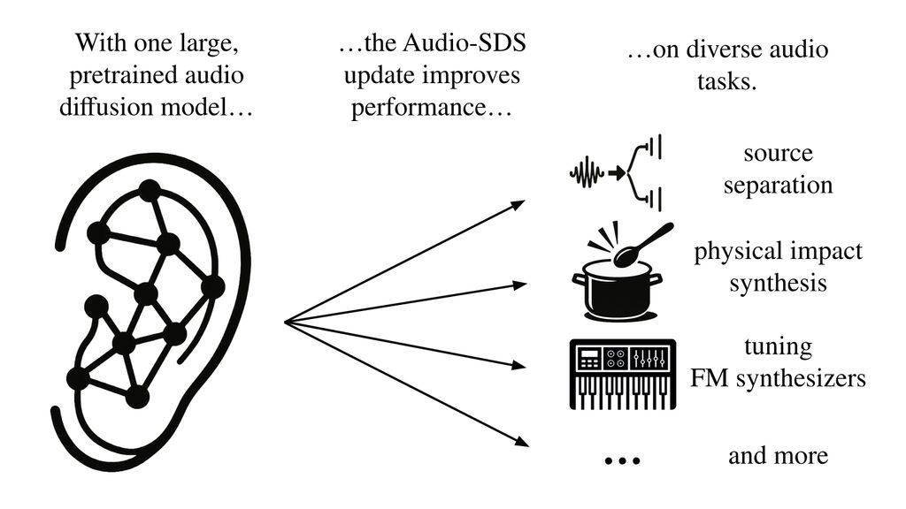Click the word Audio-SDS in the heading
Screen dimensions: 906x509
(x=464, y=43)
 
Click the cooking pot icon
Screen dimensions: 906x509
(x=617, y=290)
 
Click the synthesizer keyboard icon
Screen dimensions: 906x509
(x=623, y=374)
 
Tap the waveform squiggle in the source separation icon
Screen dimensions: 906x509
(x=587, y=172)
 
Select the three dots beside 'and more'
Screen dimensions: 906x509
(x=622, y=460)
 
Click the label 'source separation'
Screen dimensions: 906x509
(x=778, y=169)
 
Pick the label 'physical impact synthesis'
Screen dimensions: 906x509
(x=778, y=267)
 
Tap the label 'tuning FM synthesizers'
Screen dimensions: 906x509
(x=778, y=362)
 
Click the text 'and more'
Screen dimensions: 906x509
(x=778, y=455)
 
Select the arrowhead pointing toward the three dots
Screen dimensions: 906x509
(x=522, y=442)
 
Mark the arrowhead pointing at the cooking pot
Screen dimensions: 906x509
(x=519, y=285)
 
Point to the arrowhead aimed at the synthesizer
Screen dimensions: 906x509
(x=519, y=365)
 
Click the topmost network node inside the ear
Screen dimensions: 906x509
(x=150, y=191)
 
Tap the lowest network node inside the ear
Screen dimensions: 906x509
(x=137, y=397)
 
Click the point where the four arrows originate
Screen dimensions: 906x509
(x=285, y=323)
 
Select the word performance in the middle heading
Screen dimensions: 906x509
(x=431, y=107)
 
